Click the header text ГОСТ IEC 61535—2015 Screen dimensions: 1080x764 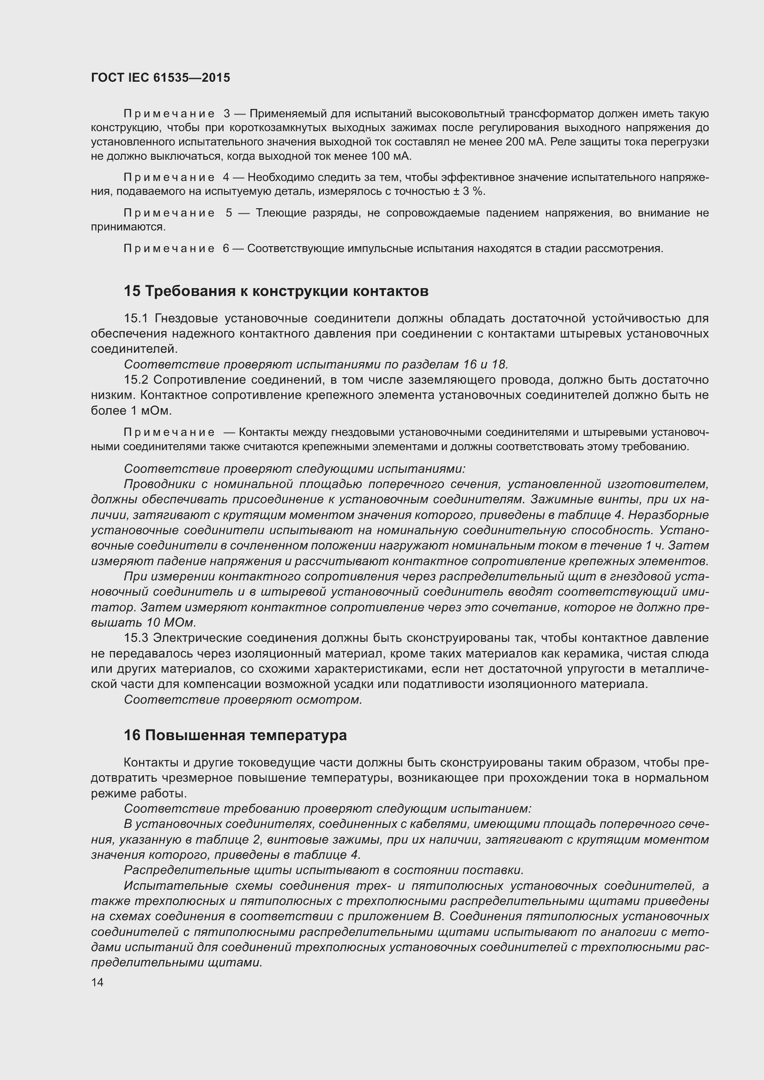pos(160,78)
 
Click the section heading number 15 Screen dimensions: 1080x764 pos(132,291)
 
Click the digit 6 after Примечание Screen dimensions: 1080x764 pos(226,248)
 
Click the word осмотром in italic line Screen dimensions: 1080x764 pos(329,700)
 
